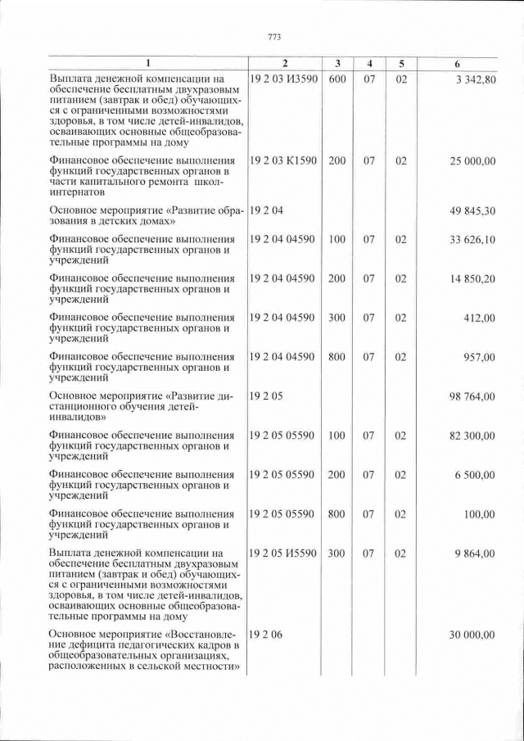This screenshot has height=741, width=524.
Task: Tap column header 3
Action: click(x=337, y=64)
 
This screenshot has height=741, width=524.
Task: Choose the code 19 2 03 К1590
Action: click(x=282, y=161)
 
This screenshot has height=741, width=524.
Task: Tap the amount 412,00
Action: click(x=479, y=318)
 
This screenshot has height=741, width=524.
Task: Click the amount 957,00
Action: click(x=479, y=357)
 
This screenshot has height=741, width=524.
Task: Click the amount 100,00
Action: click(x=479, y=514)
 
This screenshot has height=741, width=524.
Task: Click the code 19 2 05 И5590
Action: click(x=282, y=553)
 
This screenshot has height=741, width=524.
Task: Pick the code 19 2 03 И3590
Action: click(x=282, y=79)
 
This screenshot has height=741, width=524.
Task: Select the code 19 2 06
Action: click(x=266, y=635)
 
